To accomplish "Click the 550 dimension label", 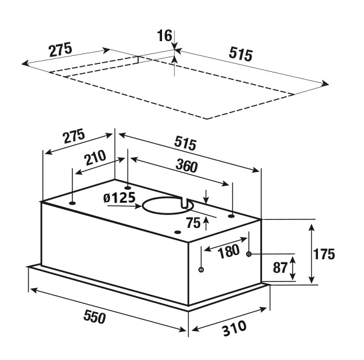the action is coord(95,316).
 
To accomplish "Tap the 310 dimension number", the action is coord(234,328).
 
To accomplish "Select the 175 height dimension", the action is coord(324,254).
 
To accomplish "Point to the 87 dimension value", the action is coord(280,267).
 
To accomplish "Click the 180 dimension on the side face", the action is coord(229,251).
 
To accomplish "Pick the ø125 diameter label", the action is coord(119,198).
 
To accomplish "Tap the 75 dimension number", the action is coord(193,223).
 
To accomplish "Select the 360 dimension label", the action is coord(187,166).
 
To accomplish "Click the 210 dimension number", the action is coord(95,157).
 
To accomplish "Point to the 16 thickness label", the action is coord(165,36).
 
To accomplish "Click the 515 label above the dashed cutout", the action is coord(241,54).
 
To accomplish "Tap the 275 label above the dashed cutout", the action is coord(61,50).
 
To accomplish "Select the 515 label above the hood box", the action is coord(185,143).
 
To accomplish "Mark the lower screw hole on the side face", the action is coord(201,270).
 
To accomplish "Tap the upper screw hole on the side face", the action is coord(249,254).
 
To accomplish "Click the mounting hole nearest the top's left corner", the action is coord(72,203).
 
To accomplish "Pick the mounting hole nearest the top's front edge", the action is coord(177,232).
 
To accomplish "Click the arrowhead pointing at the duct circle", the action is coord(137,206).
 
